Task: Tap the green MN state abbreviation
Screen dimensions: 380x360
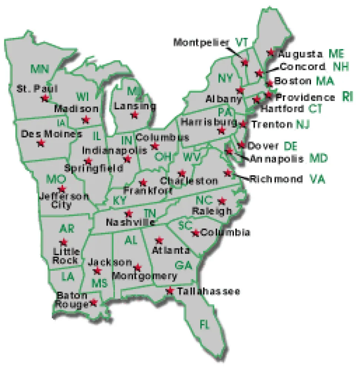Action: [40, 69]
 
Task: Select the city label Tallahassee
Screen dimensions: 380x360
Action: [208, 291]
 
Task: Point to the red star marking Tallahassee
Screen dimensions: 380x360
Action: [170, 290]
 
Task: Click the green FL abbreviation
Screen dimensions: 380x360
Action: [205, 325]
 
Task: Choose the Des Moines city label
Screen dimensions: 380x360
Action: [51, 134]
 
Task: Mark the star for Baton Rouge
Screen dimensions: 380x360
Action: [94, 302]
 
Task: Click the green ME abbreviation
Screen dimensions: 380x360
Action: [336, 54]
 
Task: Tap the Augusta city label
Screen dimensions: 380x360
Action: [301, 54]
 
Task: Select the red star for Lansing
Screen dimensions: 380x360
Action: [134, 115]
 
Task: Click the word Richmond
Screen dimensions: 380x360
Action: [276, 179]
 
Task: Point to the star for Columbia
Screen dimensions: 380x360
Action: [195, 233]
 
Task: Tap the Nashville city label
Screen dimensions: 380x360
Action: [130, 222]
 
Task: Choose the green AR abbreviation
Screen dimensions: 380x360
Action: [67, 229]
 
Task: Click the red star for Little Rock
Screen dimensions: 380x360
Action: [64, 242]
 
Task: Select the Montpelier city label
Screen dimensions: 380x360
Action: [202, 42]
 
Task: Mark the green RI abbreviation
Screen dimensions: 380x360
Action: [347, 97]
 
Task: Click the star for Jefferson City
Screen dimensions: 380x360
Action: [62, 189]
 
